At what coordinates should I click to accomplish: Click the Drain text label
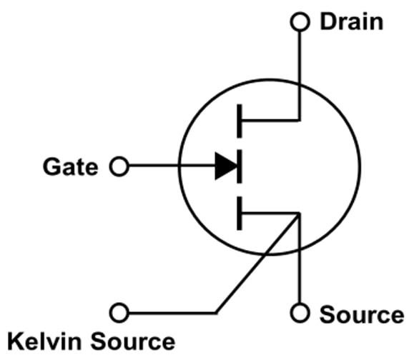point(351,21)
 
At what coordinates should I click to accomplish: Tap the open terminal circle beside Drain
point(299,21)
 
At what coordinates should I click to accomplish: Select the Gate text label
point(70,167)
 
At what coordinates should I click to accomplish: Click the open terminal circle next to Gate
point(119,168)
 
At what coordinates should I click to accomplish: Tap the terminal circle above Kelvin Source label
point(119,313)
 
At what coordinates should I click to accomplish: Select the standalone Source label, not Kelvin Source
point(361,314)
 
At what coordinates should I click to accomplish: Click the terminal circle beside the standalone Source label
point(299,313)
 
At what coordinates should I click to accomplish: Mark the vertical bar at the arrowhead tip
point(240,168)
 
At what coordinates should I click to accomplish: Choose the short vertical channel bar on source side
point(240,214)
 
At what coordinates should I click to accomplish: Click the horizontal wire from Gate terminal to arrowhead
point(172,168)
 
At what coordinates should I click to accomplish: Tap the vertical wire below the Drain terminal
point(299,71)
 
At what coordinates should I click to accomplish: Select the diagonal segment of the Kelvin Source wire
point(257,263)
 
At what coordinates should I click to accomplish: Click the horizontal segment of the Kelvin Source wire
point(172,313)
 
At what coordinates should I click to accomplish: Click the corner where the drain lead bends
point(299,121)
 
